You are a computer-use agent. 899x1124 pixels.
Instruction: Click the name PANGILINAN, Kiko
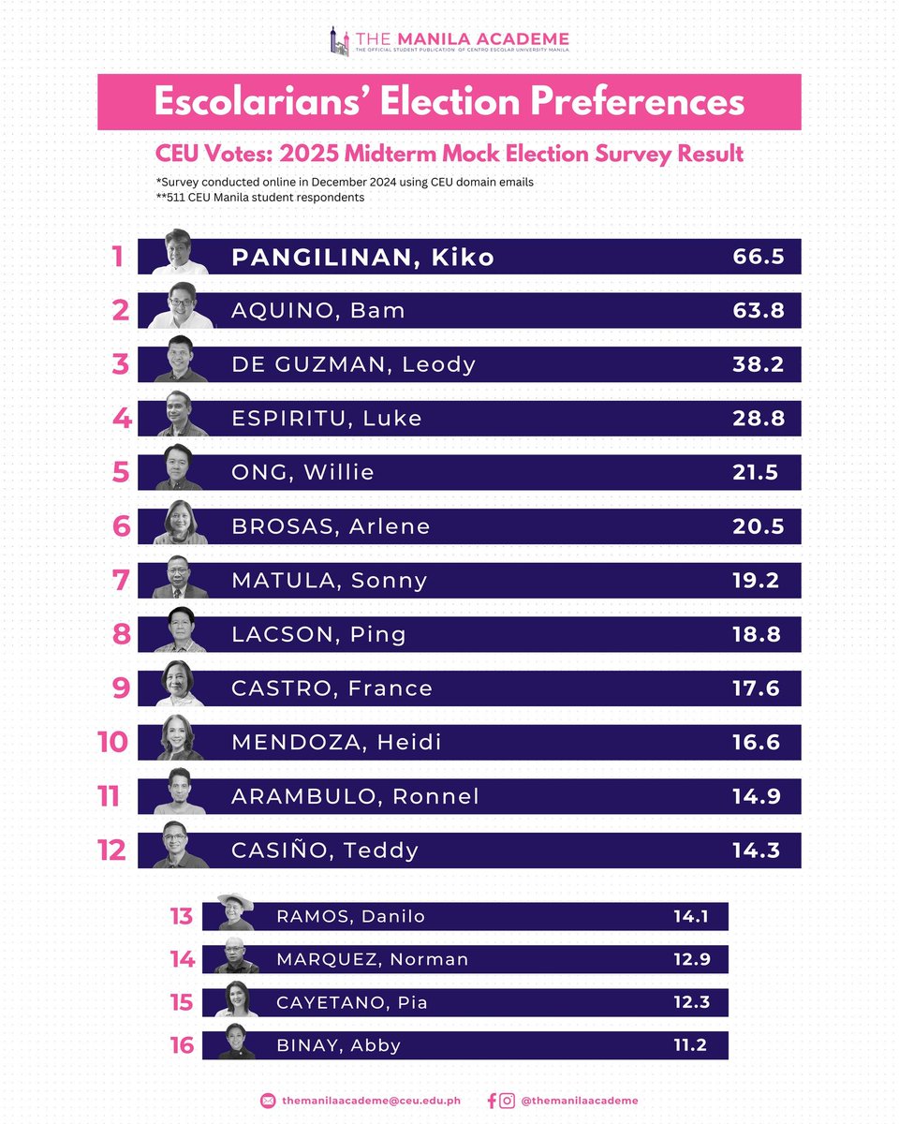[x=362, y=257]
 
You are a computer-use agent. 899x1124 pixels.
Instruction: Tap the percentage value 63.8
[x=758, y=311]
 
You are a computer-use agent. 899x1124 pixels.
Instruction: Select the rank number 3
[x=120, y=364]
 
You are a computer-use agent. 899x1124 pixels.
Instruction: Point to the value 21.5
[x=755, y=473]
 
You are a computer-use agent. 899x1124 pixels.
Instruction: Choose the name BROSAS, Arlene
[x=331, y=526]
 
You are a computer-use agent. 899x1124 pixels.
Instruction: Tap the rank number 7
[x=120, y=581]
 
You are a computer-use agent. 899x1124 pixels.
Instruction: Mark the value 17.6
[x=755, y=688]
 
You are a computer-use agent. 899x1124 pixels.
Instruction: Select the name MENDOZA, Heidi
[x=336, y=743]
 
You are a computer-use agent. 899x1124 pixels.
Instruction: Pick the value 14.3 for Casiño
[x=755, y=850]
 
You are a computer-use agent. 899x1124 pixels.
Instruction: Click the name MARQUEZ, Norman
[x=372, y=959]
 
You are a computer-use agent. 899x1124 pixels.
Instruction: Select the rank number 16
[x=182, y=1045]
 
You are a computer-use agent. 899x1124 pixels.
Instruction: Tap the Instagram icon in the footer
[x=507, y=1101]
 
